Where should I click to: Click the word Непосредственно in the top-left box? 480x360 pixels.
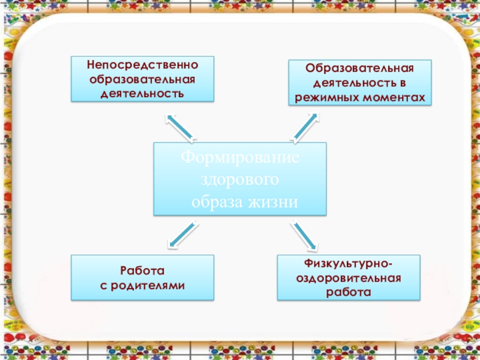142,64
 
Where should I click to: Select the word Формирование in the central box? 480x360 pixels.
240,159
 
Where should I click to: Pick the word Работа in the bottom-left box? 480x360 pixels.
142,271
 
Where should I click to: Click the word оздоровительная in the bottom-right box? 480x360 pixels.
349,278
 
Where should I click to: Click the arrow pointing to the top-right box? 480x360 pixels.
305,127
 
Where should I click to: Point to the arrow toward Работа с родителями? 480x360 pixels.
182,235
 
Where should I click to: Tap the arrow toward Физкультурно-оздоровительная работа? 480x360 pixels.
304,235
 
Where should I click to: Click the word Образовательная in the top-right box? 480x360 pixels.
360,68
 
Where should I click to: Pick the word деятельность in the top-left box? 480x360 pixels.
142,94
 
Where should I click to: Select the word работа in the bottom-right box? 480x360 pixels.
349,292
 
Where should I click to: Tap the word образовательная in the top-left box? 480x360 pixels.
142,79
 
